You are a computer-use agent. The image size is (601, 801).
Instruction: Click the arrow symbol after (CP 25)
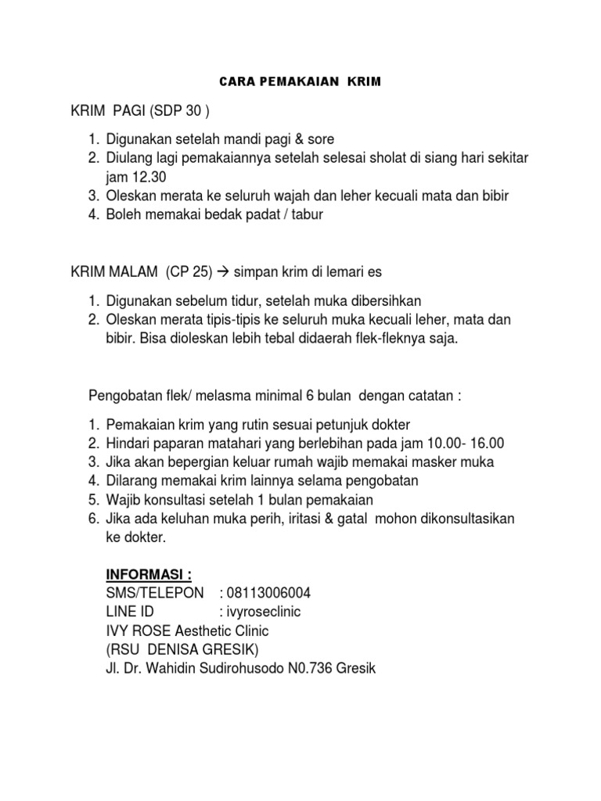click(218, 271)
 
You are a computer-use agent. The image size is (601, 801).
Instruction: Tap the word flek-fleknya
click(381, 338)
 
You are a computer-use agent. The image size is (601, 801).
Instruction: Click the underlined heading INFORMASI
click(148, 575)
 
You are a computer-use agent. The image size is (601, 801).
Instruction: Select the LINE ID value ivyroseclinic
click(261, 612)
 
